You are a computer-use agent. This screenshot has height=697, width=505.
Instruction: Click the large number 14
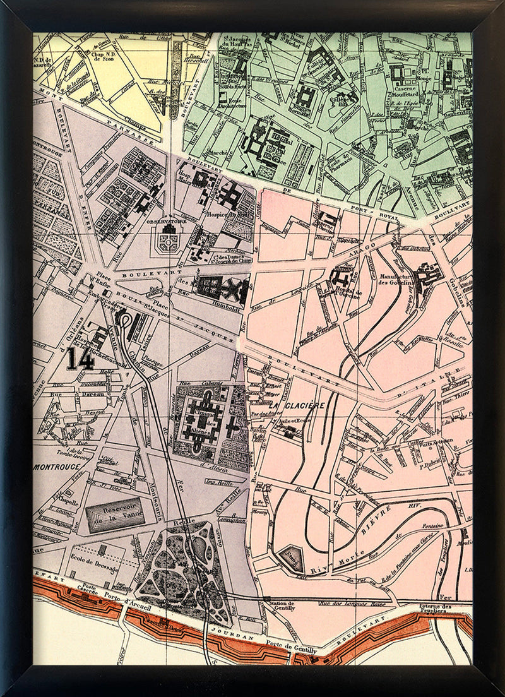pyautogui.click(x=82, y=359)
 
